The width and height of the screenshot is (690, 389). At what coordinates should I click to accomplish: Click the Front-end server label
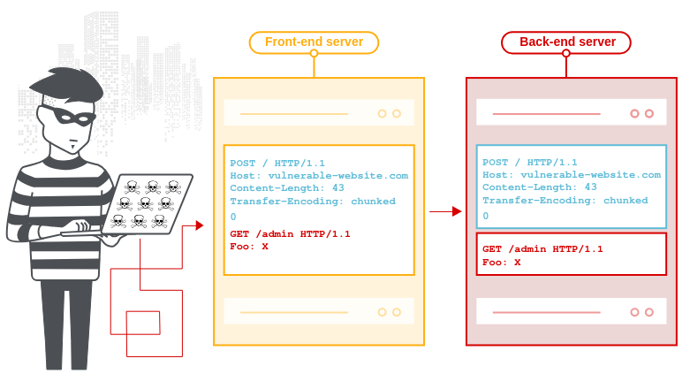click(314, 42)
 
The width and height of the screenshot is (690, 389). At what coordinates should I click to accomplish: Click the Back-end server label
click(566, 42)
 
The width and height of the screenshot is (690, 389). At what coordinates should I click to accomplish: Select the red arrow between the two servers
click(445, 211)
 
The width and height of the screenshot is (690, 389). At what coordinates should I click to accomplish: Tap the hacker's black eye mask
click(63, 116)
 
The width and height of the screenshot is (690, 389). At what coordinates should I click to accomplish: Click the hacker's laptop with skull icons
click(148, 204)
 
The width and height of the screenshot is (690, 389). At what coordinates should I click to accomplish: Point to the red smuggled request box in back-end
click(571, 255)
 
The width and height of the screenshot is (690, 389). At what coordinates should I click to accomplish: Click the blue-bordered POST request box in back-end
click(571, 187)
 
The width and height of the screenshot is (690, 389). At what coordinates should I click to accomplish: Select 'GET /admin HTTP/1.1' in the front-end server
click(290, 233)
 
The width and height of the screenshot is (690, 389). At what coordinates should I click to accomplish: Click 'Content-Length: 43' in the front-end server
click(287, 187)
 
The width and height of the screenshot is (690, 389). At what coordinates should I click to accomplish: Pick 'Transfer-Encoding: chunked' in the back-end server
click(565, 201)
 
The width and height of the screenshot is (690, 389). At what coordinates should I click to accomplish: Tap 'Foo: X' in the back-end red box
click(501, 263)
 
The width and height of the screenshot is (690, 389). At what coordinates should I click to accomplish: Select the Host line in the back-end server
click(571, 175)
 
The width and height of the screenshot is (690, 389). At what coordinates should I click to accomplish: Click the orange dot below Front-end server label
click(314, 54)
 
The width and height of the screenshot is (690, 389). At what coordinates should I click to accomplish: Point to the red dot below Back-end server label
click(566, 54)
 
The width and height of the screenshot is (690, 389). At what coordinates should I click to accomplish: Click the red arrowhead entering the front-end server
click(201, 225)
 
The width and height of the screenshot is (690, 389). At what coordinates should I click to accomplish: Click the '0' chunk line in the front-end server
click(233, 217)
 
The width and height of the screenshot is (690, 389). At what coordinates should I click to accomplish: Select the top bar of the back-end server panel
click(571, 113)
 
